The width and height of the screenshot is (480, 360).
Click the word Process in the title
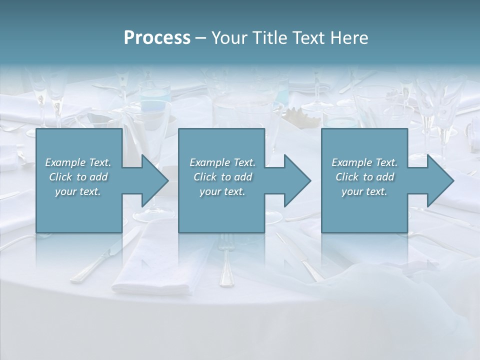point(157,37)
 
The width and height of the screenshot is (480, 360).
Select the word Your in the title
point(228,37)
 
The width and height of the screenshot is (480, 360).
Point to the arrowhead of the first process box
point(154,180)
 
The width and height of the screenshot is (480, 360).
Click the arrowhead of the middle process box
point(297,180)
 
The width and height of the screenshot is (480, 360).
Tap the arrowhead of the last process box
point(439,180)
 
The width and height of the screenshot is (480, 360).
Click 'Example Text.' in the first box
point(78,162)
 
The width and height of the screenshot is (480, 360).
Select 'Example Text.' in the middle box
point(222,162)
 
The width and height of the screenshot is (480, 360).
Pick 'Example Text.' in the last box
point(364,162)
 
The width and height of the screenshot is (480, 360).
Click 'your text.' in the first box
point(78,191)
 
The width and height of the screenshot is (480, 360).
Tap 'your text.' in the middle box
point(222,191)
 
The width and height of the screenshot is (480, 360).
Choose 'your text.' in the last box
point(364,191)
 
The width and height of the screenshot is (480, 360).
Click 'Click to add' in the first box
point(78,177)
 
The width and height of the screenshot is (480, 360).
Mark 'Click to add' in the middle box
point(222,177)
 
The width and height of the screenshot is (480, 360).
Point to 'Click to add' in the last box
point(364,177)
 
